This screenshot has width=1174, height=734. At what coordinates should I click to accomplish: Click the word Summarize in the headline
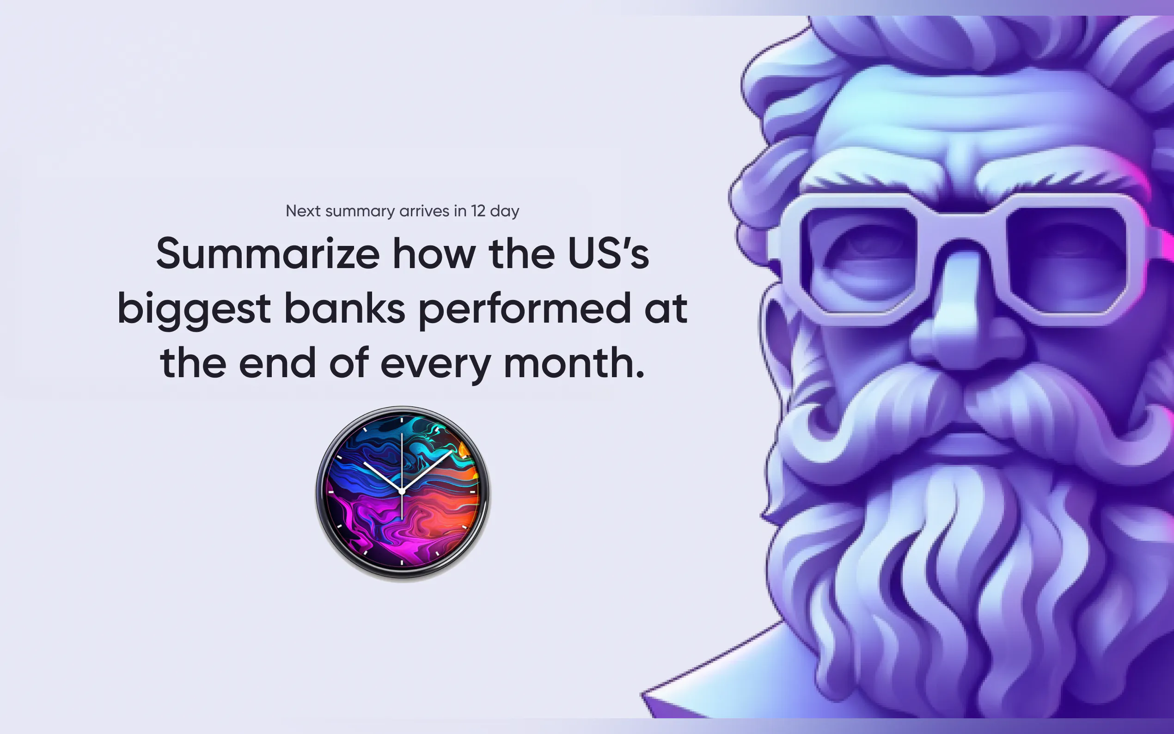[x=268, y=254]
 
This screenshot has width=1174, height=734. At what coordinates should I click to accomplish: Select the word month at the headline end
[x=574, y=363]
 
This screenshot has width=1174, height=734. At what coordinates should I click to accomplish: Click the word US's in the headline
[x=608, y=254]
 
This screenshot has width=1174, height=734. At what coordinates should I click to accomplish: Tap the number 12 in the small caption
[x=478, y=211]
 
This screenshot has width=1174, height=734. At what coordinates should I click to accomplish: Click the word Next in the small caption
[x=303, y=211]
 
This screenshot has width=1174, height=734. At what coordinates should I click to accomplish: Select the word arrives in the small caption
[x=424, y=211]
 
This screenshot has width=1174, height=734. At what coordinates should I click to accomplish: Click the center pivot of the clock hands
[x=402, y=492]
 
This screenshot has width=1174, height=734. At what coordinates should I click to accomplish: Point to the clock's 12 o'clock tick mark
[x=402, y=419]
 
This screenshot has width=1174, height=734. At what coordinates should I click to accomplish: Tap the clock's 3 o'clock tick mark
[x=472, y=492]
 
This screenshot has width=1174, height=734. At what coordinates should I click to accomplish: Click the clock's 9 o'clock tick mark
[x=331, y=492]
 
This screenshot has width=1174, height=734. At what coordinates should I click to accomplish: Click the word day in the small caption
[x=505, y=212]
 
